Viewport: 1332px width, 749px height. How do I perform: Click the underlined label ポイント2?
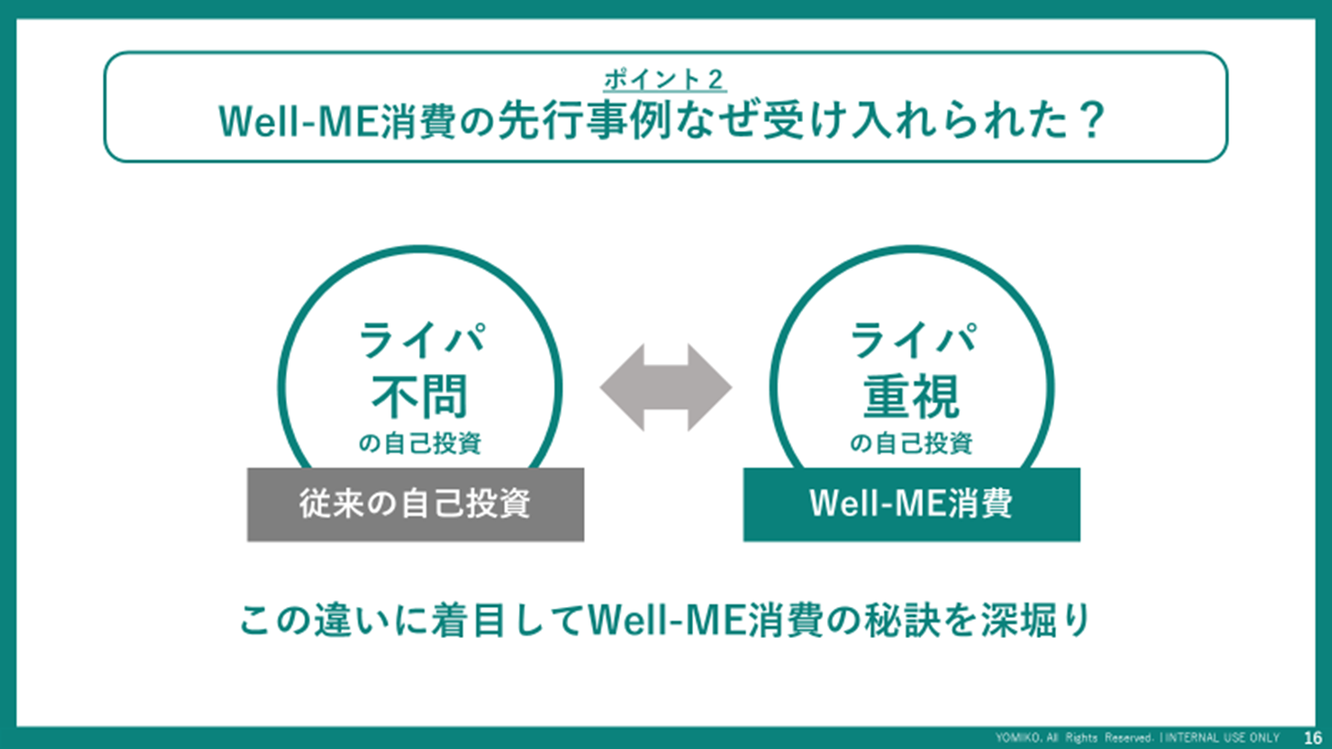(x=665, y=81)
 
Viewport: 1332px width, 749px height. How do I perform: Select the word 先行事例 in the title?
(x=584, y=121)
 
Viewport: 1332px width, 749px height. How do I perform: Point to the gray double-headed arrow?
(x=666, y=388)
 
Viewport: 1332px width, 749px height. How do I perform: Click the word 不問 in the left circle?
(x=420, y=396)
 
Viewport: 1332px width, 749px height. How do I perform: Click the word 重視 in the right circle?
(x=911, y=396)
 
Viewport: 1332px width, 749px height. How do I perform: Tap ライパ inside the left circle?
(x=422, y=340)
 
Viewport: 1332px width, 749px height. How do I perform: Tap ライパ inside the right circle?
(x=913, y=340)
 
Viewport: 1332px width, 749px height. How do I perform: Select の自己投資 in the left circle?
(x=420, y=444)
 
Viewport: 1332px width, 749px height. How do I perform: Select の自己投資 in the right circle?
(x=911, y=444)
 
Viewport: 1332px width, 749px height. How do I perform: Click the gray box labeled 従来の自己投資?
(x=415, y=505)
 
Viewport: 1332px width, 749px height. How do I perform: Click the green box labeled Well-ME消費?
(x=911, y=505)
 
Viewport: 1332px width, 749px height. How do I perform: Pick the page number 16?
(x=1313, y=738)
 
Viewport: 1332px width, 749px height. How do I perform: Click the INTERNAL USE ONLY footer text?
(x=1222, y=738)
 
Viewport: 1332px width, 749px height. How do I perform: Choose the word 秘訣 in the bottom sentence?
(x=901, y=621)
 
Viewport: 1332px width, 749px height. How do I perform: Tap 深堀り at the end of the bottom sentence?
(x=1035, y=621)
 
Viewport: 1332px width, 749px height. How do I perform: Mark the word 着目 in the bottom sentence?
(x=468, y=621)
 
